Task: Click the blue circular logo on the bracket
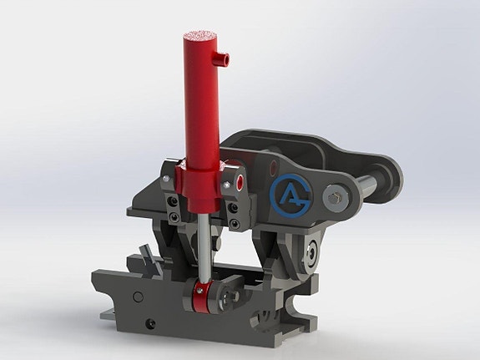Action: [290, 194]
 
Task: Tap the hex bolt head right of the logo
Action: [335, 199]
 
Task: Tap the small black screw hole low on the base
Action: [150, 324]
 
